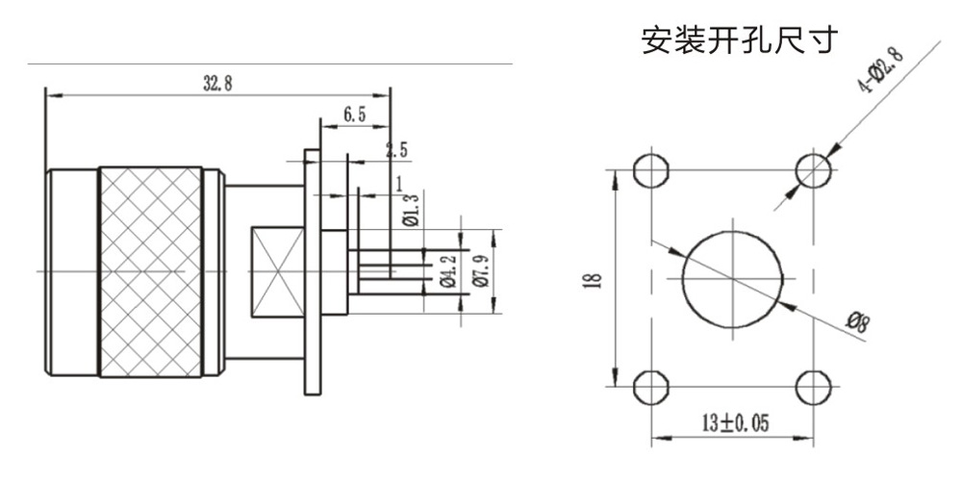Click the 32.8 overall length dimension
[x=217, y=83]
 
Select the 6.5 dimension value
[x=354, y=115]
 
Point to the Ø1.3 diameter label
[x=412, y=209]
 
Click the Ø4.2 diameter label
[x=446, y=270]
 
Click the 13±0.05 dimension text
[x=733, y=423]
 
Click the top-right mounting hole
[x=814, y=171]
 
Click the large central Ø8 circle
[x=733, y=279]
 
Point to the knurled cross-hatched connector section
[x=150, y=272]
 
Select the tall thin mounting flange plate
[x=312, y=272]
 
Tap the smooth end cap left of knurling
[x=73, y=272]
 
